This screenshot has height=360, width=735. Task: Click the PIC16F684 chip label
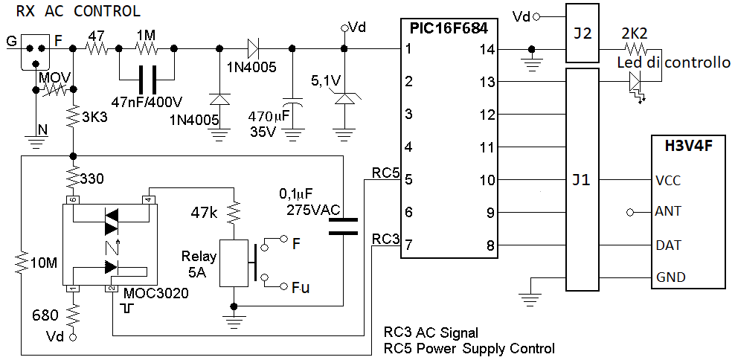click(x=449, y=29)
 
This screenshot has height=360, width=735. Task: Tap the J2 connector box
click(x=583, y=33)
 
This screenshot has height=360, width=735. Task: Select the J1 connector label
click(x=582, y=179)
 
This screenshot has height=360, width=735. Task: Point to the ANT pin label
click(x=669, y=212)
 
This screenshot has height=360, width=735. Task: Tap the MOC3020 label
click(x=156, y=293)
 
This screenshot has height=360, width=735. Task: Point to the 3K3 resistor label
click(x=98, y=117)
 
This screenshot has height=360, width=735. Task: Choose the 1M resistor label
click(x=146, y=35)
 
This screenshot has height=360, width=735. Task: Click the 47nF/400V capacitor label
click(x=147, y=100)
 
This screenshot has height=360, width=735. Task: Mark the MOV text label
click(x=54, y=77)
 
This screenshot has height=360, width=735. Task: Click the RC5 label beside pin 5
click(x=386, y=173)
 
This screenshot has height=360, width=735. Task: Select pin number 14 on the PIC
click(x=487, y=50)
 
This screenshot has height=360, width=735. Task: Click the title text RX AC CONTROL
click(x=78, y=11)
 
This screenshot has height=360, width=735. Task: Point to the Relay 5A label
click(x=199, y=265)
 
